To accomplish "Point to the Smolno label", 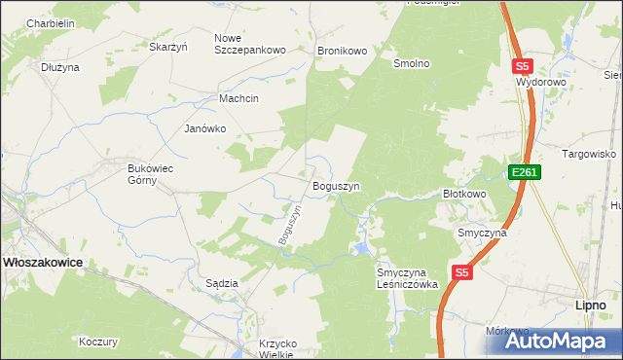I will click(x=411, y=63).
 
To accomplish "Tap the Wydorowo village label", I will click(x=541, y=83).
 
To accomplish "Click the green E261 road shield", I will click(x=524, y=172).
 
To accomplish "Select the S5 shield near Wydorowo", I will click(x=523, y=66).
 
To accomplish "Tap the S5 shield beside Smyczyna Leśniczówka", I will click(x=462, y=273).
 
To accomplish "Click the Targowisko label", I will click(x=589, y=154).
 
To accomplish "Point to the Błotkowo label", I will click(x=464, y=194).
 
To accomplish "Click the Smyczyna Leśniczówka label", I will click(x=408, y=279).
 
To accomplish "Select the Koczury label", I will click(x=98, y=342).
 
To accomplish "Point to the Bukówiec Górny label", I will click(x=151, y=174).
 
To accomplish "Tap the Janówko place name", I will click(x=205, y=128).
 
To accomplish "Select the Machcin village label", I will click(x=239, y=98).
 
